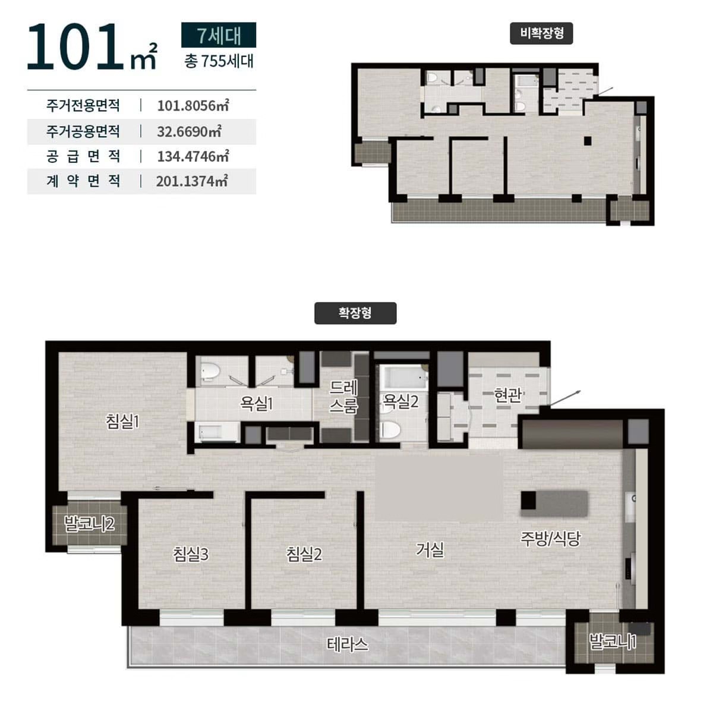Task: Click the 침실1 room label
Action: (122, 422)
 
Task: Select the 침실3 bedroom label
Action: (190, 554)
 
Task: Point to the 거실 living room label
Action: (430, 549)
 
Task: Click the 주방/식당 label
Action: (550, 538)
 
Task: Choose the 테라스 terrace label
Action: (347, 644)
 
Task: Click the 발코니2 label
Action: (89, 523)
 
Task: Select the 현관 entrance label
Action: (507, 395)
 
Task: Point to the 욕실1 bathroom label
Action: (256, 403)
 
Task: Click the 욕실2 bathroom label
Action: (400, 401)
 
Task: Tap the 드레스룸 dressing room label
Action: (343, 397)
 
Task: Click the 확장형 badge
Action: (355, 313)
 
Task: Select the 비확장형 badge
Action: (541, 33)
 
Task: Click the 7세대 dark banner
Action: (219, 35)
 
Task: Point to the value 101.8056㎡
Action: (193, 106)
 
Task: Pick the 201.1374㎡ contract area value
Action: (192, 181)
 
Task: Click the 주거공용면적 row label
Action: (83, 131)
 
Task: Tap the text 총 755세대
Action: (219, 61)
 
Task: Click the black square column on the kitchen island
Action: (528, 500)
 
